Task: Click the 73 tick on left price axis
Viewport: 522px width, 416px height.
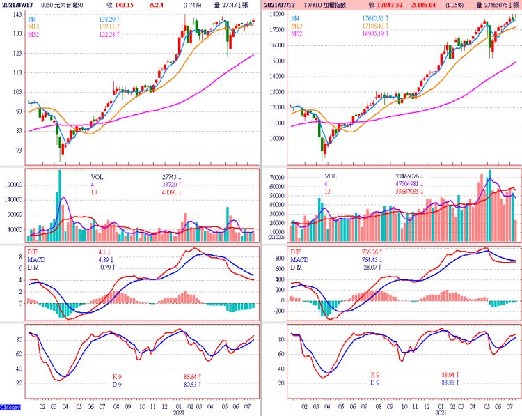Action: [x=16, y=151]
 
